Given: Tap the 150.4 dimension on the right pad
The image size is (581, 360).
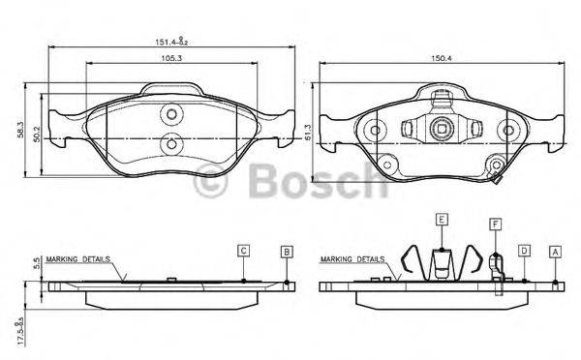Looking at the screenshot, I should (x=441, y=58).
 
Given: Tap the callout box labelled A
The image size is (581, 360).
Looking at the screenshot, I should (x=555, y=251).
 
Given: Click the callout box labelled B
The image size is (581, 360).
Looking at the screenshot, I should (x=287, y=251).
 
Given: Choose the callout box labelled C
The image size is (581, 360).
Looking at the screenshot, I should (x=244, y=251).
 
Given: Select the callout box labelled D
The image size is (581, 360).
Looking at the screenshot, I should (x=524, y=251).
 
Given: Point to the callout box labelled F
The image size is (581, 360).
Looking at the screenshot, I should (x=494, y=224).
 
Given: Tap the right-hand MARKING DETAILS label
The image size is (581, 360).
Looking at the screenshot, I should (x=352, y=260).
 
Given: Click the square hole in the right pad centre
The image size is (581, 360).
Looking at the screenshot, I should (x=440, y=126).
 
